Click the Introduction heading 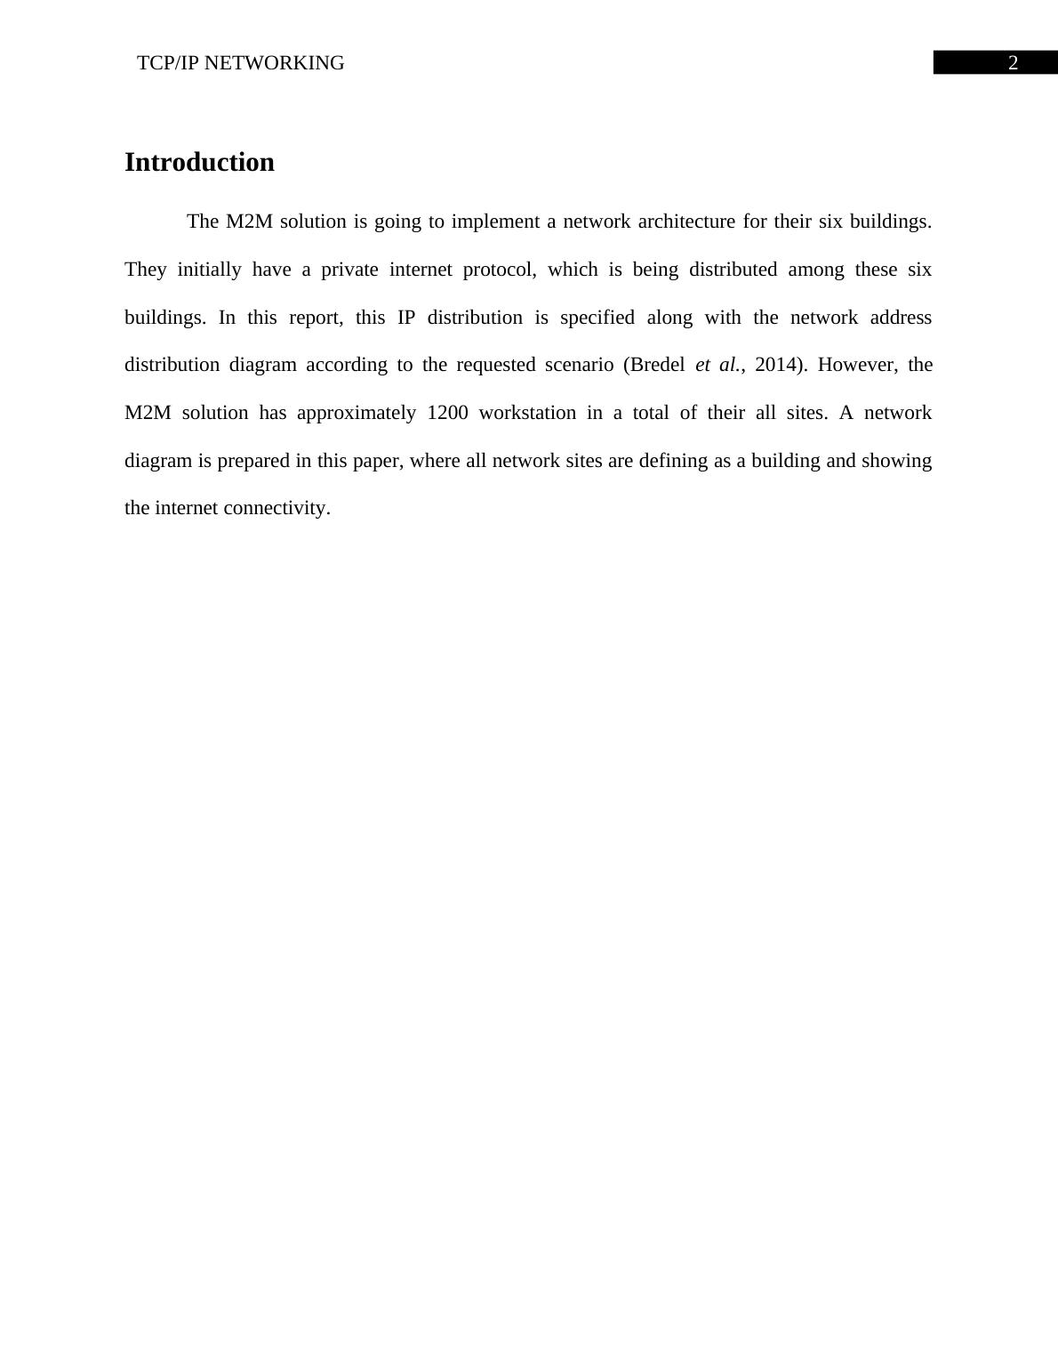[x=199, y=163]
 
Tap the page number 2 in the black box [x=1013, y=63]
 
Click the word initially [x=209, y=270]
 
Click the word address [x=901, y=318]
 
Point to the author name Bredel [x=657, y=365]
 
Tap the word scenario [x=576, y=365]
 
